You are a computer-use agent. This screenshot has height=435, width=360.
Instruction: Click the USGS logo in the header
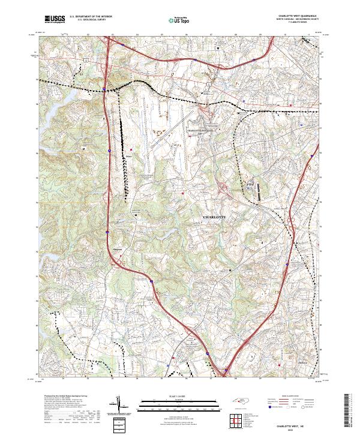(55, 20)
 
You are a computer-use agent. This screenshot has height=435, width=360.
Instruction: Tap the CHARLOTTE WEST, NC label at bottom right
(298, 425)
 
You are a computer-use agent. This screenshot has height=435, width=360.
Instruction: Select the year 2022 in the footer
(298, 428)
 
